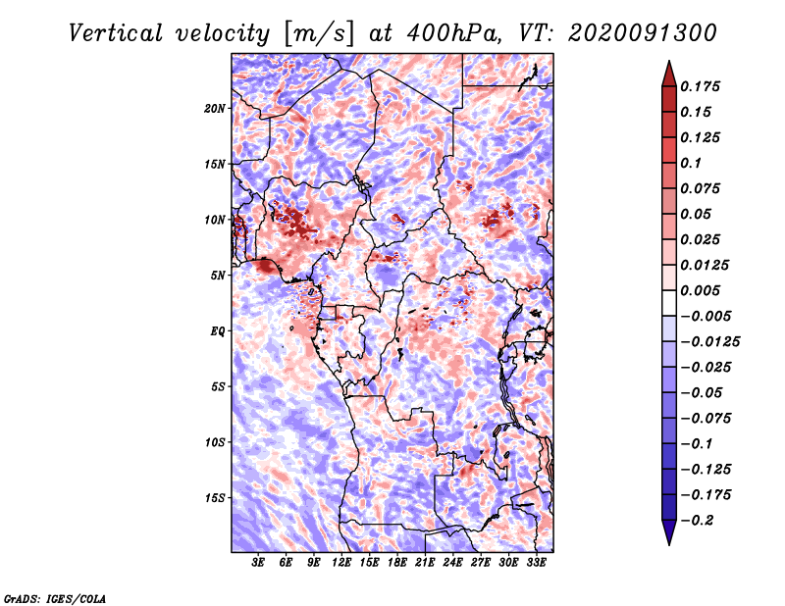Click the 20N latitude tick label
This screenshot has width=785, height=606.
[x=215, y=108]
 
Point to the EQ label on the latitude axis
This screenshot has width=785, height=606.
[x=218, y=330]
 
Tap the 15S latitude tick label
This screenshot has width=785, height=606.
[x=215, y=497]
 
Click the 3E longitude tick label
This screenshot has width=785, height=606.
[x=259, y=563]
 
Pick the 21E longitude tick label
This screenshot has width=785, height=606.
[x=425, y=563]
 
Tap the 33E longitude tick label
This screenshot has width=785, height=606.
[x=536, y=563]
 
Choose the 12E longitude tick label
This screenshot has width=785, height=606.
[x=341, y=563]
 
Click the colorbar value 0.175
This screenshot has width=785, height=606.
[x=703, y=86]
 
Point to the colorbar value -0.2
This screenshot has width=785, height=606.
[x=700, y=520]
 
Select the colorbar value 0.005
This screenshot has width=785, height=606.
[x=703, y=290]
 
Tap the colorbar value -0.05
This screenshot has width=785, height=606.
[x=703, y=392]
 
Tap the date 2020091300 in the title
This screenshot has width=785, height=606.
[x=642, y=32]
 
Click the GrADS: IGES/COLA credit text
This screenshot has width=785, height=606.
[x=54, y=597]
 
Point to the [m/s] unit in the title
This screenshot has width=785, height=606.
[x=317, y=32]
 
